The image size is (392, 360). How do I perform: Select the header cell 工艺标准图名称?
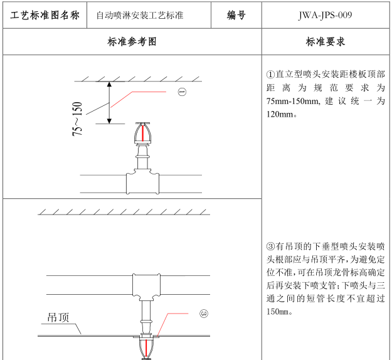pyautogui.click(x=45, y=15)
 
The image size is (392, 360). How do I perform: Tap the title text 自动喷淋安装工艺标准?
pyautogui.click(x=140, y=15)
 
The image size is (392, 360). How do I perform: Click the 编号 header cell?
pyautogui.click(x=236, y=15)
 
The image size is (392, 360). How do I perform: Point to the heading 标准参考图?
pyautogui.click(x=132, y=42)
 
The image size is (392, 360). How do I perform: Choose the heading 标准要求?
pyautogui.click(x=325, y=42)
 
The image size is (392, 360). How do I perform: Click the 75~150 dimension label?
pyautogui.click(x=77, y=119)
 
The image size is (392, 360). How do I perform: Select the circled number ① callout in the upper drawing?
pyautogui.click(x=182, y=92)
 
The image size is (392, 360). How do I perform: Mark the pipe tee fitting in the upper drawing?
pyautogui.click(x=143, y=183)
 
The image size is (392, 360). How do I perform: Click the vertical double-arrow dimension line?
pyautogui.click(x=110, y=103)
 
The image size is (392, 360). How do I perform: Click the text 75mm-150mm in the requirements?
pyautogui.click(x=294, y=101)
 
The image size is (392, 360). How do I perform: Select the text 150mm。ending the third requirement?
pyautogui.click(x=279, y=312)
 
